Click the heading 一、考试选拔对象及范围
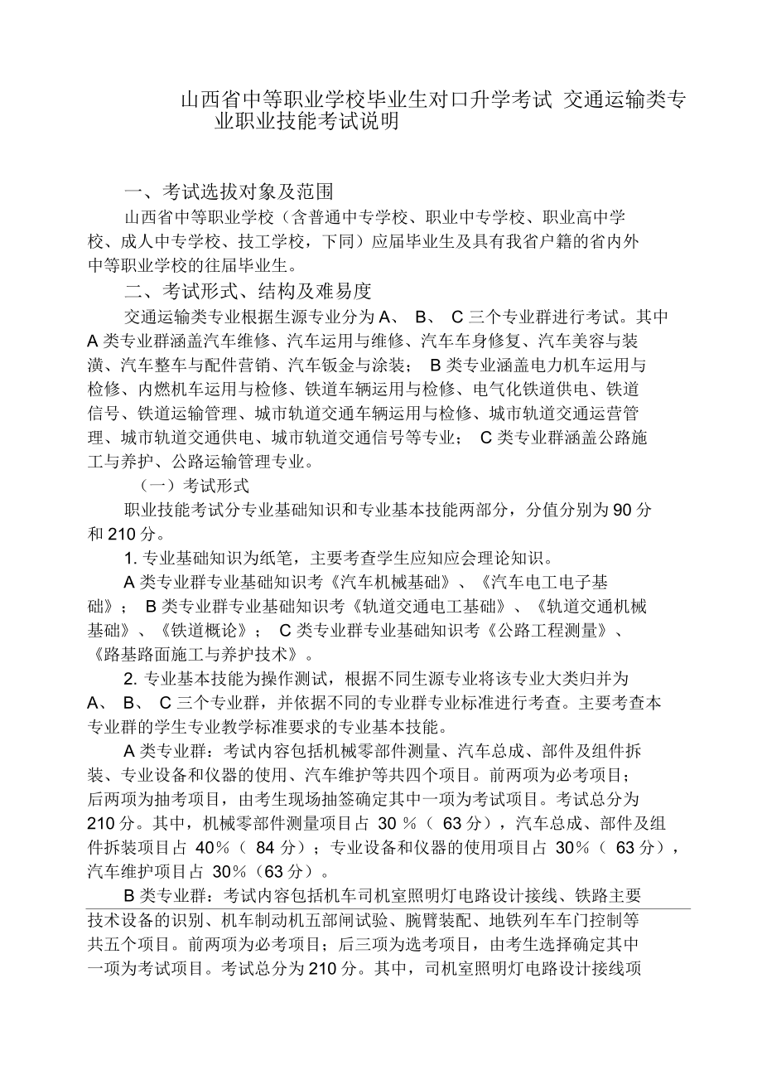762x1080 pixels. pos(228,192)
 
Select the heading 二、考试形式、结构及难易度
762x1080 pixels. pos(247,291)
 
